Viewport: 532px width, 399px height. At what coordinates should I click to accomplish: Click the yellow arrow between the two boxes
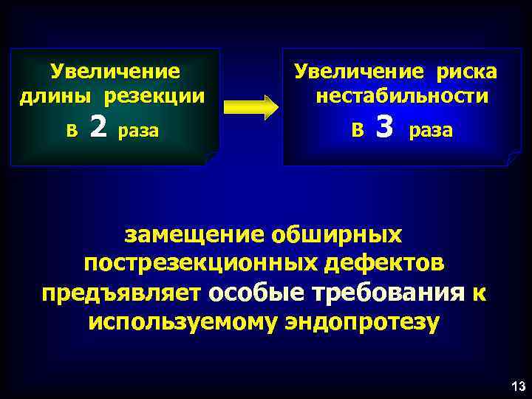[250, 106]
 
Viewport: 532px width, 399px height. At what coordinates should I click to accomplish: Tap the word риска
[465, 72]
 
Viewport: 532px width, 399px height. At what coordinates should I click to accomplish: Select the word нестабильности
[401, 97]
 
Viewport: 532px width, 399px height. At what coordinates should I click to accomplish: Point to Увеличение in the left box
[115, 72]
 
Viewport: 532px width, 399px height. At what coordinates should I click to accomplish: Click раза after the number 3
[431, 131]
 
